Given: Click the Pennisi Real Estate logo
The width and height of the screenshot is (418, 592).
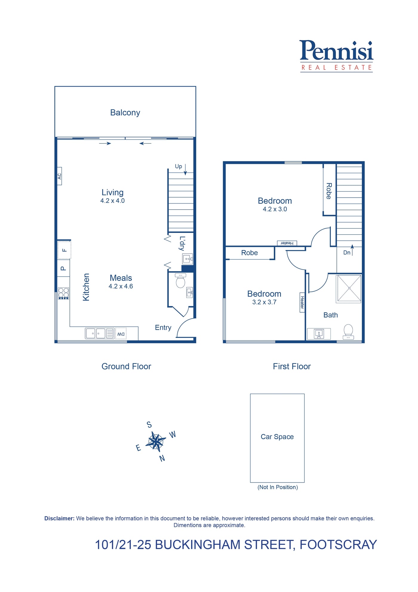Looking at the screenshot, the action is tap(336, 56).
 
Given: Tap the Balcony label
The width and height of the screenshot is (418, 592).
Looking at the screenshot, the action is tap(125, 113).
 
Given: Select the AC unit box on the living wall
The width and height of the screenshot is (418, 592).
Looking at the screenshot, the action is tap(59, 176).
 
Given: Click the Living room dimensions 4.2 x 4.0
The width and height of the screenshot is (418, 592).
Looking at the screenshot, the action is tap(113, 201).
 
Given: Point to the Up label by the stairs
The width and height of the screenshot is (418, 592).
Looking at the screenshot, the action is tap(178, 167).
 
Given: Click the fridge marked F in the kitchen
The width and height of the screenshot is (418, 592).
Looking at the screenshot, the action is tap(64, 250).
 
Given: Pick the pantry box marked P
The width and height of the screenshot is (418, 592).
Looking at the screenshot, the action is tap(63, 268).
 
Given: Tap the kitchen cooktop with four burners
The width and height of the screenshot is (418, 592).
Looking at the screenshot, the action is tap(64, 293).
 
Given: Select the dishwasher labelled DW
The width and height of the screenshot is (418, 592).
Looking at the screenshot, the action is tap(121, 334).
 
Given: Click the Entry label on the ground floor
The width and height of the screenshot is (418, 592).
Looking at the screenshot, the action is tap(163, 328).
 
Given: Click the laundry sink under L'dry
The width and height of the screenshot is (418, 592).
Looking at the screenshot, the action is tap(188, 259).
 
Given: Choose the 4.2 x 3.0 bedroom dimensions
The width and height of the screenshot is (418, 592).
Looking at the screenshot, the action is tap(275, 209).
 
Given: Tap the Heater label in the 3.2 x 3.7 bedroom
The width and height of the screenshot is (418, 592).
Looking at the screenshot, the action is tap(302, 302).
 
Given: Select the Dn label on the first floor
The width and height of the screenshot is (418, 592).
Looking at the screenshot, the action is tap(347, 253).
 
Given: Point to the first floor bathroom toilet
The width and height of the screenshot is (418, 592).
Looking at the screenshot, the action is tap(348, 332).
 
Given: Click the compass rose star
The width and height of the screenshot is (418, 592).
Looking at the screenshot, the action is tap(156, 441).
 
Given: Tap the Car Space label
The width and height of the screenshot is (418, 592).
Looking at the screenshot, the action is tap(277, 437).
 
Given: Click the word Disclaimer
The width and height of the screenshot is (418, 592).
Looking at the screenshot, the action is tap(59, 518).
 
